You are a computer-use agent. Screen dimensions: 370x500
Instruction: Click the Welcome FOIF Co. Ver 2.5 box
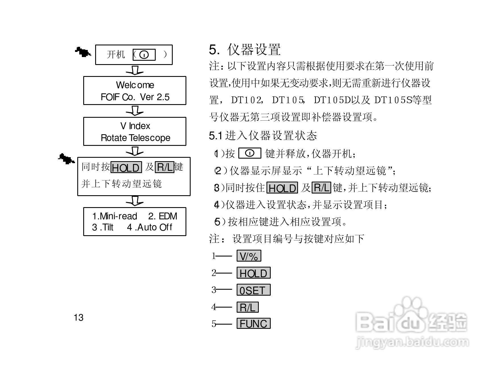point(135,91)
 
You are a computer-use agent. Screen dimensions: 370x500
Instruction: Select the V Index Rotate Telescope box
point(135,131)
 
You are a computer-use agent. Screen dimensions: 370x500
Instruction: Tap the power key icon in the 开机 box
point(144,54)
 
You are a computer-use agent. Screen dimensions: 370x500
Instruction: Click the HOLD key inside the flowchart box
point(126,167)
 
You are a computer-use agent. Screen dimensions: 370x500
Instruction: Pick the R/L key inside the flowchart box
point(164,167)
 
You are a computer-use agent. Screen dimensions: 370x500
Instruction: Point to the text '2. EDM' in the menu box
point(163,216)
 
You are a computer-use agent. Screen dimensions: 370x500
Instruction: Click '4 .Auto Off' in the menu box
point(149,227)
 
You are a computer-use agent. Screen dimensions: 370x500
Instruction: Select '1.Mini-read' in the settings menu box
point(114,216)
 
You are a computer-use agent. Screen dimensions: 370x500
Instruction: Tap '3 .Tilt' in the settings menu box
point(103,227)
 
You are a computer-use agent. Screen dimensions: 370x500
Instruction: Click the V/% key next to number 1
point(249,256)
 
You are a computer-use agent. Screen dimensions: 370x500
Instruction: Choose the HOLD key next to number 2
point(253,273)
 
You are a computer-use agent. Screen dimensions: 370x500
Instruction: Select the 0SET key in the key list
point(253,290)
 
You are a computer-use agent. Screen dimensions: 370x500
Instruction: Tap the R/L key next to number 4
point(247,307)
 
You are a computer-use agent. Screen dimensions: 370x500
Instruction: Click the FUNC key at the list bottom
point(253,323)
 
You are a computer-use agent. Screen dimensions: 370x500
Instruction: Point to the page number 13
point(79,318)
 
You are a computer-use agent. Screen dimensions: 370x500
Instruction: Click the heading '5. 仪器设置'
point(245,50)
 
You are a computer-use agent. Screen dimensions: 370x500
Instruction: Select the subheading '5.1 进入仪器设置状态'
point(263,136)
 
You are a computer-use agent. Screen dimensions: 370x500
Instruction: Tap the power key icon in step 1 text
point(250,153)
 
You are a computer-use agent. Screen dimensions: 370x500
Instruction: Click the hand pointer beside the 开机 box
point(83,52)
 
